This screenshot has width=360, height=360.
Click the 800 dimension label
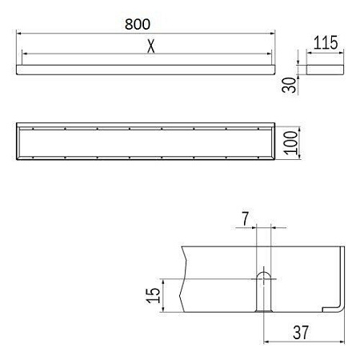click(x=138, y=24)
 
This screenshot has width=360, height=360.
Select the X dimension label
click(x=151, y=46)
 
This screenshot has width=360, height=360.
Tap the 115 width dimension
click(x=326, y=42)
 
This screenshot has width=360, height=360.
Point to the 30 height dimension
click(x=289, y=85)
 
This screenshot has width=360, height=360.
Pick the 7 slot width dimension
click(x=246, y=218)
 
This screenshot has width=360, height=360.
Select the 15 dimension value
click(x=153, y=295)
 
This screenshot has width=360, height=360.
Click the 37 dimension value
click(x=301, y=332)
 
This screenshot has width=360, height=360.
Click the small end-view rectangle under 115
click(x=325, y=70)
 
